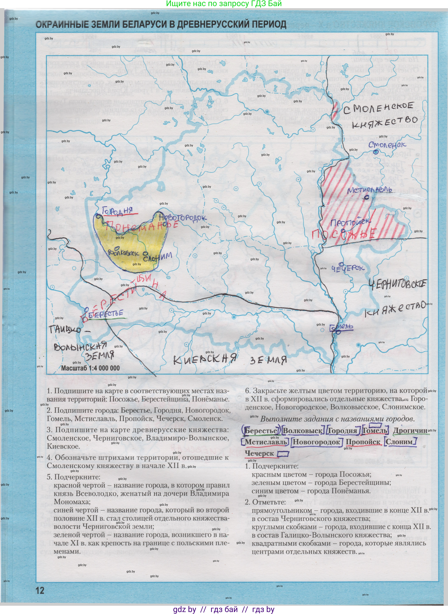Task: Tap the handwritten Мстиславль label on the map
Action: tap(369, 190)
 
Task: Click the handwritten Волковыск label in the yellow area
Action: tap(124, 253)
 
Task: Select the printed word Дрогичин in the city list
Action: tap(410, 431)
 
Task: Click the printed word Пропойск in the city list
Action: tap(363, 442)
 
